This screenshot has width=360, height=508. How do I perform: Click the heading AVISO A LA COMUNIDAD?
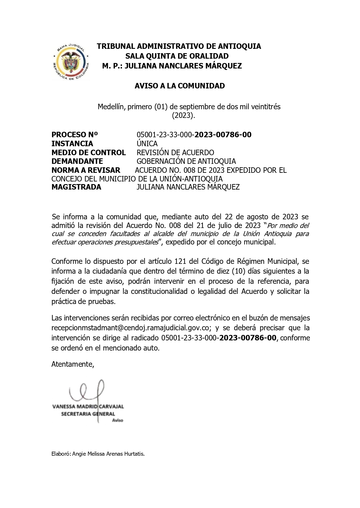pos(180,86)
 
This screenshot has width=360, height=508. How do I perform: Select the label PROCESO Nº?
pos(75,135)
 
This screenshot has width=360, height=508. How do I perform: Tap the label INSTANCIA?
pos(72,144)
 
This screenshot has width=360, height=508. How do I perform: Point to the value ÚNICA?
pos(147,144)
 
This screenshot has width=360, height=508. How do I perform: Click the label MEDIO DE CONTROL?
pos(88,153)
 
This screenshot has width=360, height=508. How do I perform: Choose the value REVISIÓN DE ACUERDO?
pos(175,153)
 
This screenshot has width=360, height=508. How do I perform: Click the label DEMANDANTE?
pos(77,161)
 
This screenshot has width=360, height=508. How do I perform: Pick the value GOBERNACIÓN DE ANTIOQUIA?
pos(186,161)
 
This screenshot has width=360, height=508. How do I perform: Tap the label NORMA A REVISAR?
pos(86,170)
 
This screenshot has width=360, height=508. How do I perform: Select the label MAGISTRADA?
pos(76,187)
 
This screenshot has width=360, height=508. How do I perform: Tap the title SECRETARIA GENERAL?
pos(88,414)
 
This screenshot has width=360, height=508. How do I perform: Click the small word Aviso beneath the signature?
pos(117,420)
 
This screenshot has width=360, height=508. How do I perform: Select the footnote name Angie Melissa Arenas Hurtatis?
pos(108,454)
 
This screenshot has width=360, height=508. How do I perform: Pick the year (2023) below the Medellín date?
pos(184,116)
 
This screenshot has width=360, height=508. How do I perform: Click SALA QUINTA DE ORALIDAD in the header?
pos(177,56)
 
